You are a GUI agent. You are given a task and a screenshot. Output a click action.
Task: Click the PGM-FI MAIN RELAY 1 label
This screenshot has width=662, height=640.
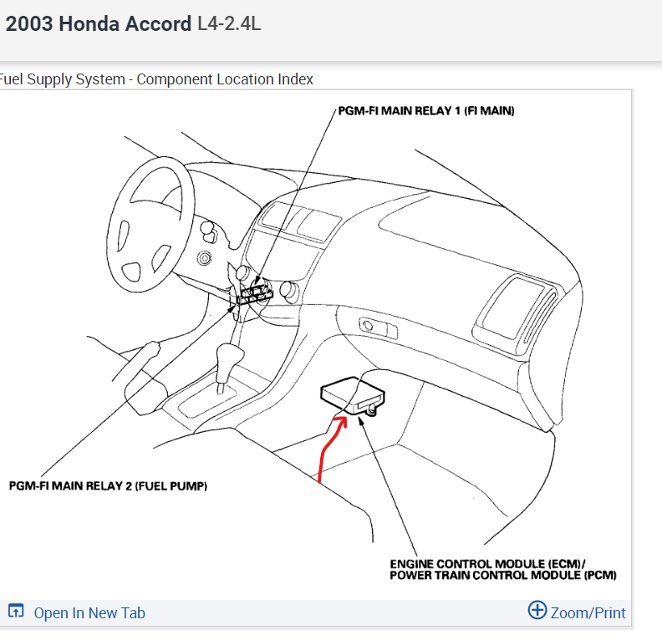[x=426, y=110]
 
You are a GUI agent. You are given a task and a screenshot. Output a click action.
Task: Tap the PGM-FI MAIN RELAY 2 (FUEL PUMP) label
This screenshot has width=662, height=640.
[x=108, y=485]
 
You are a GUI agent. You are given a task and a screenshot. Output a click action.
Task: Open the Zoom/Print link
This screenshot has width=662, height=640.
[x=588, y=612]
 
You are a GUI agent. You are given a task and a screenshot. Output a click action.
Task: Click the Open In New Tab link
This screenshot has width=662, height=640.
[x=89, y=612]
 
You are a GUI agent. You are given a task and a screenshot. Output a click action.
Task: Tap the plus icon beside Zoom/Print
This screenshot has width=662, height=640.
[x=537, y=611]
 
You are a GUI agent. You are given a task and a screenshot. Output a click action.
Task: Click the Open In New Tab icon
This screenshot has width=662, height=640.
[x=16, y=612]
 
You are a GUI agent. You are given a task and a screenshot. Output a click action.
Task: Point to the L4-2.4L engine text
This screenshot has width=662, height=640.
[x=229, y=23]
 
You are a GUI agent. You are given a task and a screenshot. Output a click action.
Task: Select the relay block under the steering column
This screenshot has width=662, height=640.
[x=254, y=293]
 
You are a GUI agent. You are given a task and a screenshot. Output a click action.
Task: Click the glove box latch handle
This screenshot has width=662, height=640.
[x=367, y=325]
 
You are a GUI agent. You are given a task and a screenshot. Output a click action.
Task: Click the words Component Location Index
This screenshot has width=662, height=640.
[x=225, y=79]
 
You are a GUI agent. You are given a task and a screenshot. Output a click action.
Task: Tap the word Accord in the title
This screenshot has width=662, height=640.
[x=158, y=23]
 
